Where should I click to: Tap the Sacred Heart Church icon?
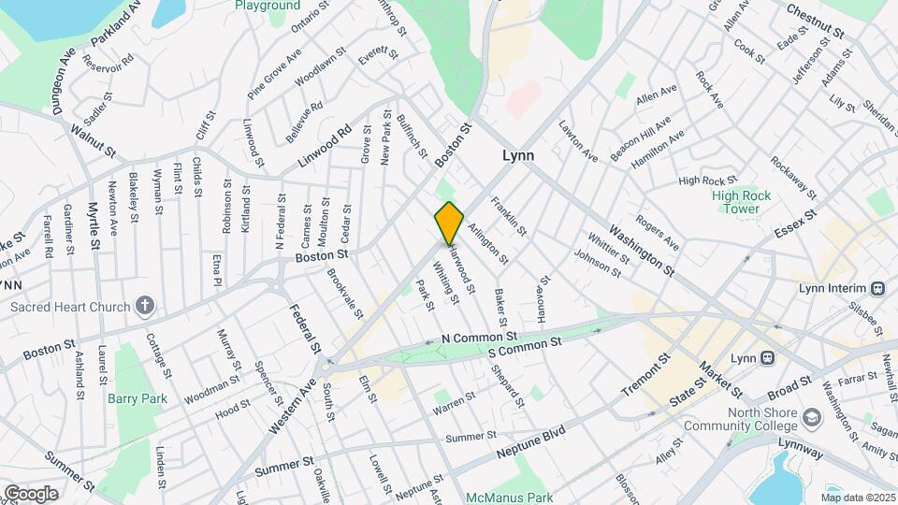[145, 305]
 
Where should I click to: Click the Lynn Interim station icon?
[877, 288]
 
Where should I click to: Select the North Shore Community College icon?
[811, 414]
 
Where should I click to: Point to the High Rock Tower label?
[735, 202]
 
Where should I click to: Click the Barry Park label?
[136, 397]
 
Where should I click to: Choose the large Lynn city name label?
[518, 156]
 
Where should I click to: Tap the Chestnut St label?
[816, 20]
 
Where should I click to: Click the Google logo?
[30, 493]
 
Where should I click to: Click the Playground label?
[268, 6]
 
